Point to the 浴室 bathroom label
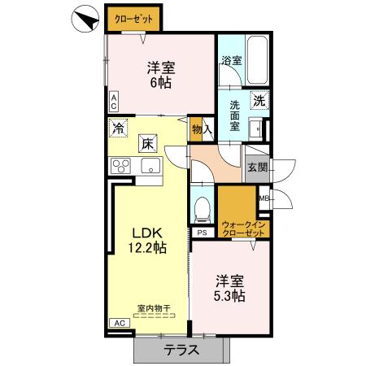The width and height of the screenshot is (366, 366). [x=231, y=60]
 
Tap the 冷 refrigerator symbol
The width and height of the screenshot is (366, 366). [x=119, y=128]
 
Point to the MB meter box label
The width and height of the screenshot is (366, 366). [x=264, y=198]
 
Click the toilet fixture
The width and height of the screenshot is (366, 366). [x=202, y=208]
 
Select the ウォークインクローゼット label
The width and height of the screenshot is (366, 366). [x=243, y=229]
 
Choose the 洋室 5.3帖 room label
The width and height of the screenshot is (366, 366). [x=230, y=289]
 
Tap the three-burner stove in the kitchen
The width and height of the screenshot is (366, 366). [x=122, y=167]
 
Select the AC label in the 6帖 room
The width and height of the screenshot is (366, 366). [x=114, y=101]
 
